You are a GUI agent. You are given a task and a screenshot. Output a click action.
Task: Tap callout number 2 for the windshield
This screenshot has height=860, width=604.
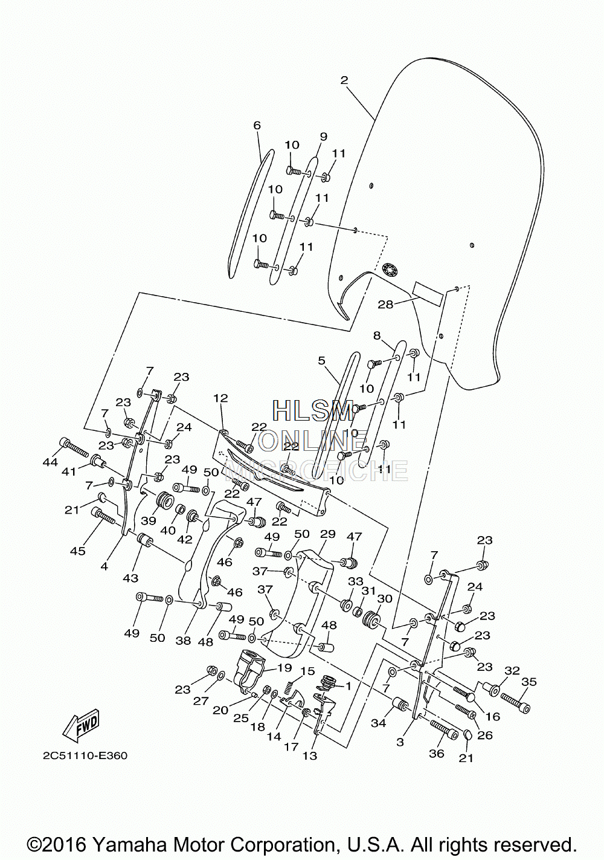pyautogui.click(x=344, y=80)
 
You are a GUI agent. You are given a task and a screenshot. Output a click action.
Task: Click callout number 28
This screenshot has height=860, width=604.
pyautogui.click(x=386, y=305)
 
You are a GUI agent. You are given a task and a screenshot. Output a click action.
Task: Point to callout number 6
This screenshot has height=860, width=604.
pyautogui.click(x=257, y=125)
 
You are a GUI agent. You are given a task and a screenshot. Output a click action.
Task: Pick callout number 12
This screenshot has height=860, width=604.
pyautogui.click(x=221, y=398)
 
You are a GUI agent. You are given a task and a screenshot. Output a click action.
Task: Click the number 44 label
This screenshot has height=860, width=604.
pyautogui.click(x=50, y=462)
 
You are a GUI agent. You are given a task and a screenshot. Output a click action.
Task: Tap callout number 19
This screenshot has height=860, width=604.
pyautogui.click(x=284, y=667)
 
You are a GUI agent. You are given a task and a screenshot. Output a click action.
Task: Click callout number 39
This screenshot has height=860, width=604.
pyautogui.click(x=148, y=520)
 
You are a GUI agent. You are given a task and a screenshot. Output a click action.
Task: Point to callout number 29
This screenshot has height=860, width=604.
pyautogui.click(x=327, y=534)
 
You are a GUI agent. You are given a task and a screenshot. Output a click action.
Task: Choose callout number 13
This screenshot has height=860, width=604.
pyautogui.click(x=310, y=756)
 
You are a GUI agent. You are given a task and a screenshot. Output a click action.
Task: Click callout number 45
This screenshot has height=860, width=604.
pyautogui.click(x=78, y=551)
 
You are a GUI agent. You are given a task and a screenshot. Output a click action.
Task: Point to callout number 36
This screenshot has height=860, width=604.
pyautogui.click(x=436, y=753)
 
